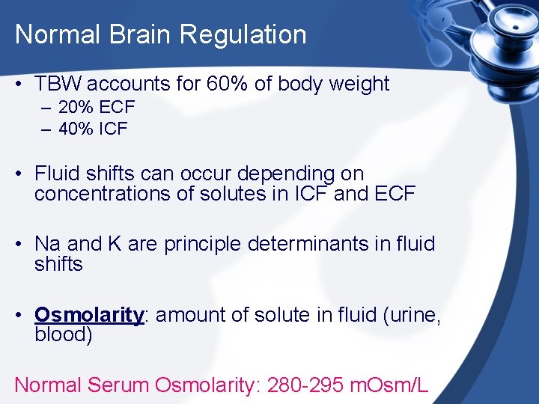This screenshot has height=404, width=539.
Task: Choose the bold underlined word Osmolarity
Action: pyautogui.click(x=89, y=315)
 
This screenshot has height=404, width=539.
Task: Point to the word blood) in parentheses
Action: pyautogui.click(x=64, y=334)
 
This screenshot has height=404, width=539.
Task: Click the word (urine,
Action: pyautogui.click(x=412, y=315)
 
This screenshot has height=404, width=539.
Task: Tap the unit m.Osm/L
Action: pyautogui.click(x=391, y=385)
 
